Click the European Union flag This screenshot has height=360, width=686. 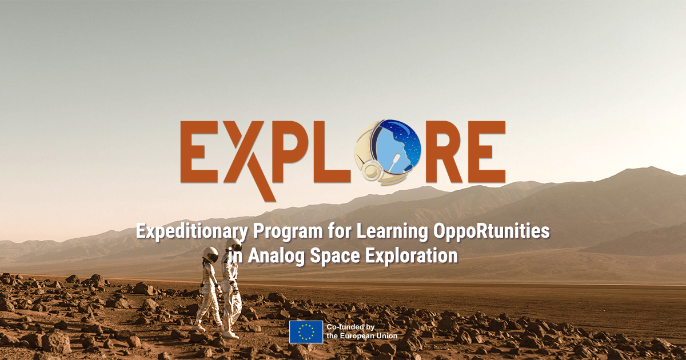click(x=306, y=332)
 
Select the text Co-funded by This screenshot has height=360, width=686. click(x=350, y=327)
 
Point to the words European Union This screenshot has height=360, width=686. click(x=369, y=336)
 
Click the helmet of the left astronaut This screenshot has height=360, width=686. click(x=210, y=255)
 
